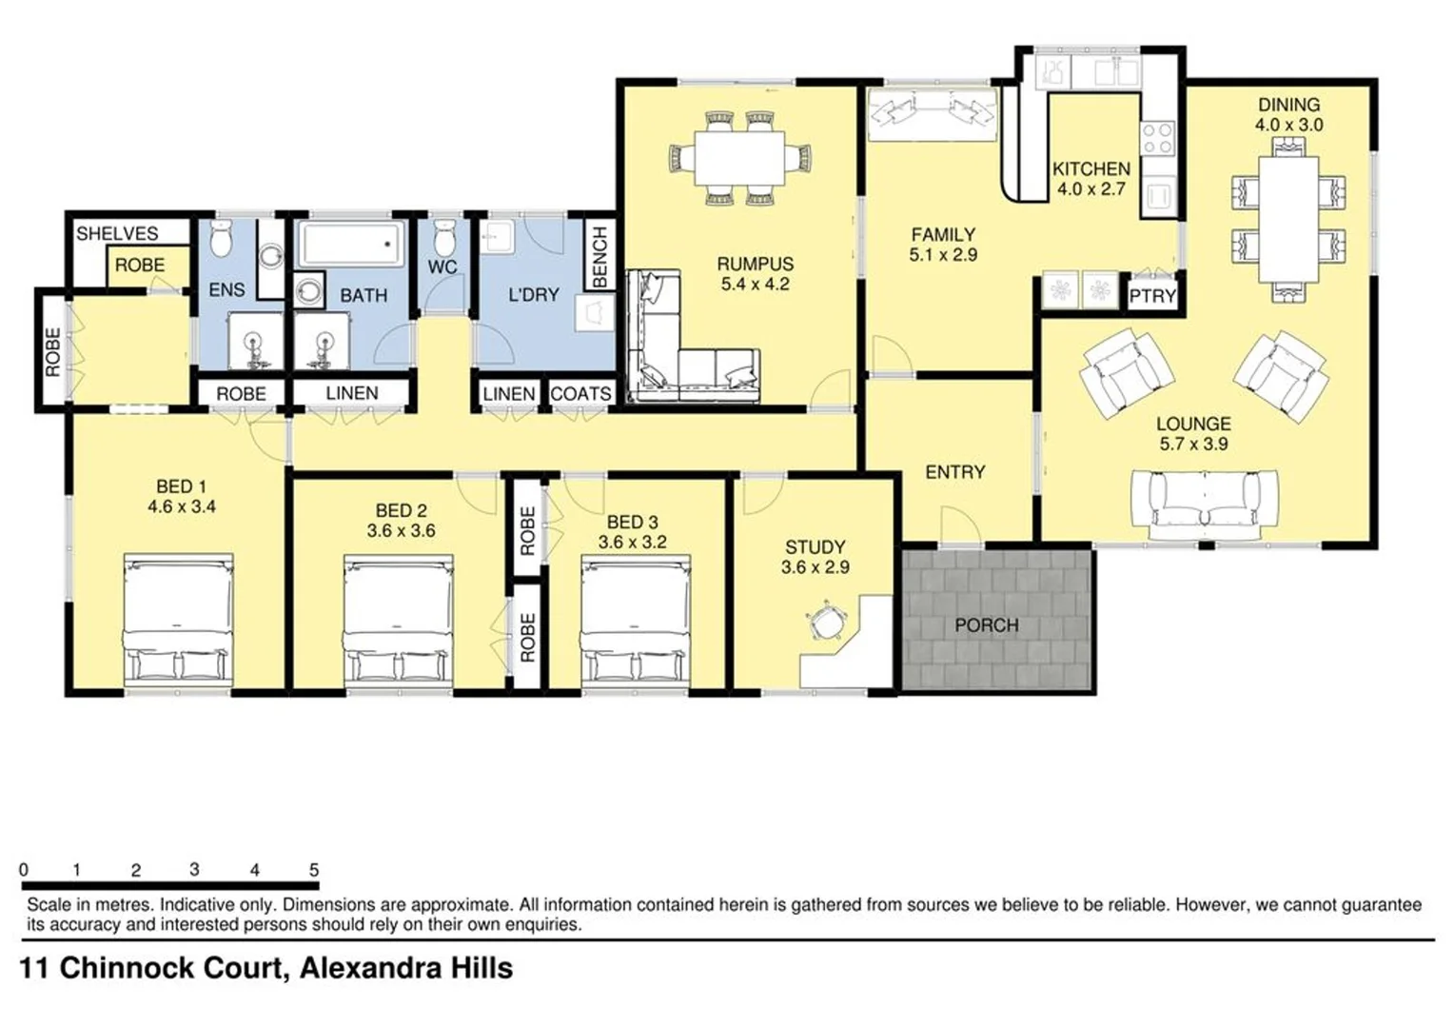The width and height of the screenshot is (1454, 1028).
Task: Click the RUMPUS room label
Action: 755,264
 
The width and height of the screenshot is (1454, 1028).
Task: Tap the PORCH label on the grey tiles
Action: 986,625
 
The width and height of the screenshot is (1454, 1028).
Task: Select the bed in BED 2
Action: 398,620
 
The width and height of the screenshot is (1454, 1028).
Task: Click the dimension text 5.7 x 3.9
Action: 1193,444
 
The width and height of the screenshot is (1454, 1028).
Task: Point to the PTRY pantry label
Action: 1152,296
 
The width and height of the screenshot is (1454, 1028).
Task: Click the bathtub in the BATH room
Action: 350,244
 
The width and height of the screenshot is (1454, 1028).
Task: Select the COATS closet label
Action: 580,394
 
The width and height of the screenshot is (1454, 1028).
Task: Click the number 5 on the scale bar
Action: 314,870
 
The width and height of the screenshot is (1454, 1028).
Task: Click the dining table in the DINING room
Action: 1288,219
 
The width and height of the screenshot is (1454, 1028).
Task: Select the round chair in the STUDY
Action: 824,622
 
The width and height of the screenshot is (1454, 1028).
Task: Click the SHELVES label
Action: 117,233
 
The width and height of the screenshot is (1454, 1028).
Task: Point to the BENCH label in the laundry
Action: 599,257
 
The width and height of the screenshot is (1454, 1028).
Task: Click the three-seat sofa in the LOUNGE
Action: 1201,502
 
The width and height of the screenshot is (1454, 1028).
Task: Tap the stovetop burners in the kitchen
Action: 1158,139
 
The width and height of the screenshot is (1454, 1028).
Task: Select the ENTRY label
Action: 954,472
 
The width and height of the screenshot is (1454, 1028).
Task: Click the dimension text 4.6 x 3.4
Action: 181,507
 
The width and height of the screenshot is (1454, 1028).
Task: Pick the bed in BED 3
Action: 636,620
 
